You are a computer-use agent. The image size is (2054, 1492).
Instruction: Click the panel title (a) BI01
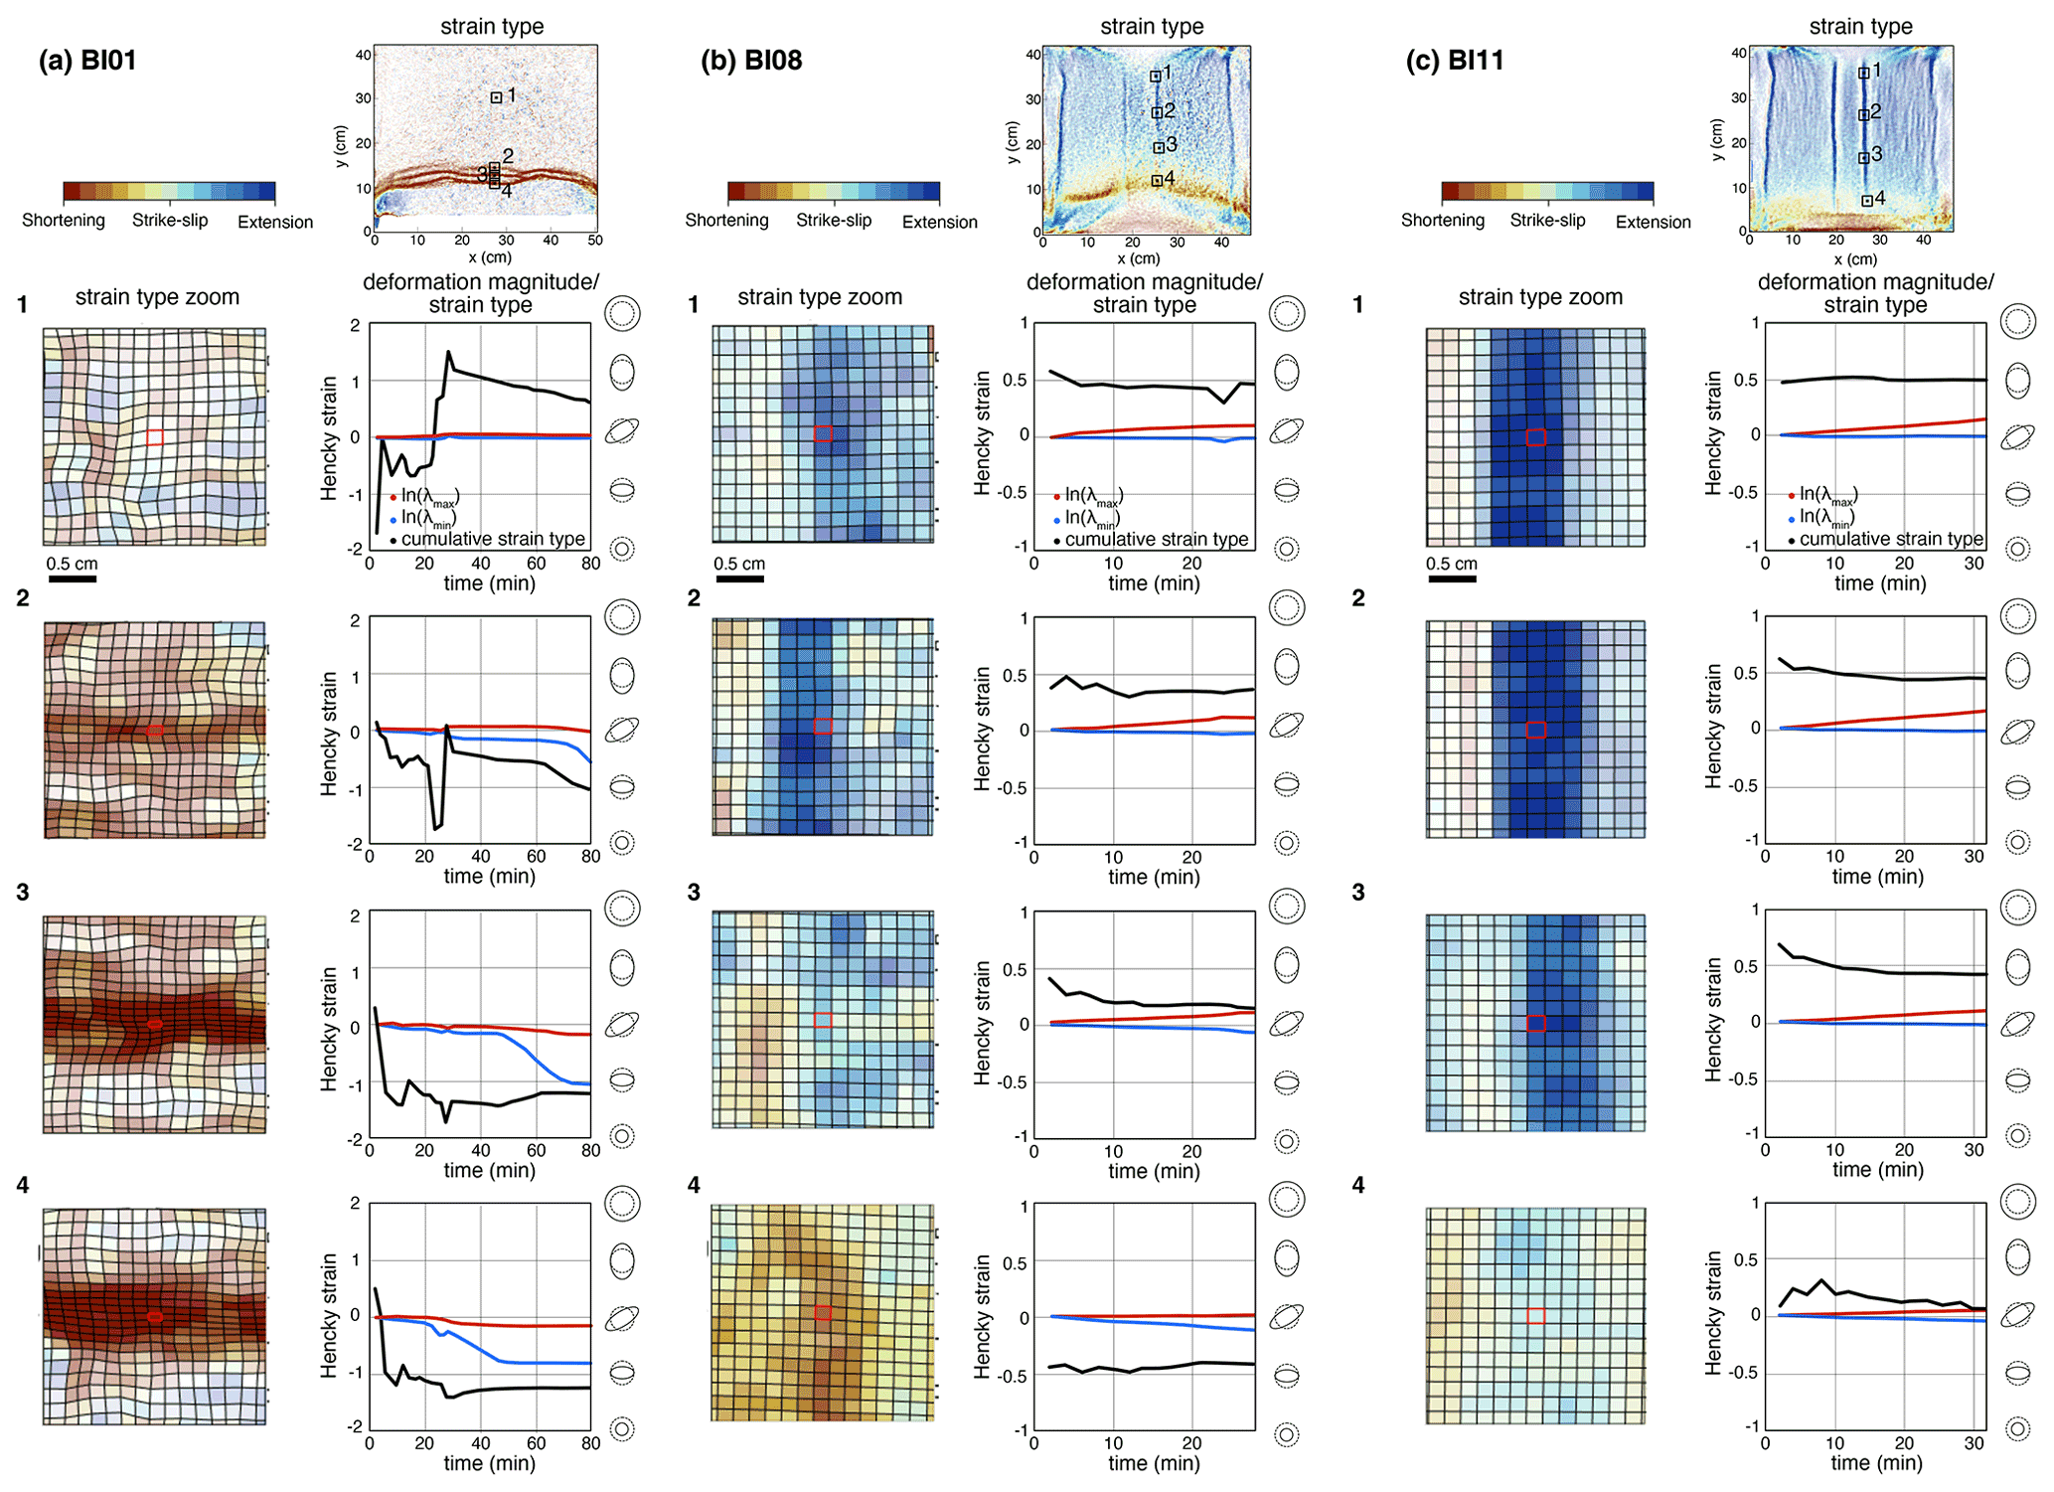click(x=87, y=60)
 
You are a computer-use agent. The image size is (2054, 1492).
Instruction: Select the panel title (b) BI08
click(x=751, y=60)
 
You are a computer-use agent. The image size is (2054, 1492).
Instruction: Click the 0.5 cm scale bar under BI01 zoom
click(x=72, y=579)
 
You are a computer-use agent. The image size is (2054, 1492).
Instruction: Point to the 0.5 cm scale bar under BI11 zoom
click(x=1452, y=579)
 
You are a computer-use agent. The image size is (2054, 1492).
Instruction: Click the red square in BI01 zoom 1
click(x=155, y=437)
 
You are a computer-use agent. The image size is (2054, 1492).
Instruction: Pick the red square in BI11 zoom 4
click(x=1535, y=1316)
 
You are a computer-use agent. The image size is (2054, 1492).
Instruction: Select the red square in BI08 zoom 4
click(x=823, y=1313)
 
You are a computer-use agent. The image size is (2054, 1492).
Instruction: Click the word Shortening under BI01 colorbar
click(x=64, y=220)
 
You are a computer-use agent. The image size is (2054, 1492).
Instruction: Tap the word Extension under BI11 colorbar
click(x=1653, y=222)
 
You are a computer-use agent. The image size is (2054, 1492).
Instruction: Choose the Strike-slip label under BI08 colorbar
click(x=833, y=220)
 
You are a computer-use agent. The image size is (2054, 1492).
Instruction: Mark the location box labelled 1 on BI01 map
click(x=496, y=97)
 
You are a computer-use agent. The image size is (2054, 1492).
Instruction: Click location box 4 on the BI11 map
click(x=1867, y=201)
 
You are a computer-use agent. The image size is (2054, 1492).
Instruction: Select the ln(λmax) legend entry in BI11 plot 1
click(x=1827, y=494)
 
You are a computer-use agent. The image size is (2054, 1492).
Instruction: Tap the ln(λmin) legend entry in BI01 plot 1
click(x=427, y=518)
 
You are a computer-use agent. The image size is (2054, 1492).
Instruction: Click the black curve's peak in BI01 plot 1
click(x=449, y=352)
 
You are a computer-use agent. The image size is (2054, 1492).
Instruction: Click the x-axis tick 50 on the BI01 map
click(x=594, y=240)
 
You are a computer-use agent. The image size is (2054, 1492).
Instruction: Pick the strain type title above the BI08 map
click(x=1152, y=27)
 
